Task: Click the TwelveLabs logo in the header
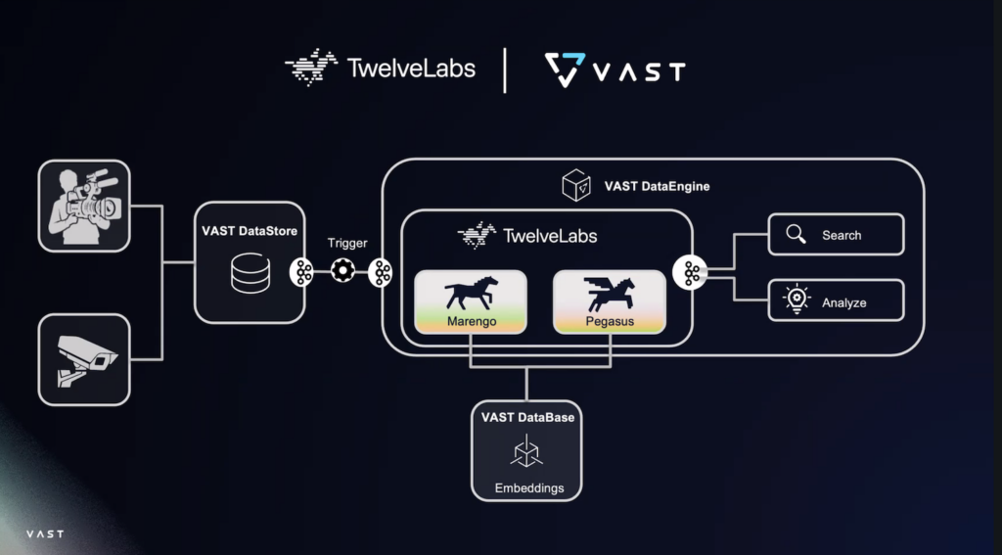click(380, 69)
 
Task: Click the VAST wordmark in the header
click(615, 70)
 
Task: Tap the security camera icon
click(84, 359)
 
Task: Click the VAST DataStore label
click(250, 232)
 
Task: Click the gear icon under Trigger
click(342, 273)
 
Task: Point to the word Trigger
click(348, 243)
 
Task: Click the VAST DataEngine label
click(657, 185)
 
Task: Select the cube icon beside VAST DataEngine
click(574, 185)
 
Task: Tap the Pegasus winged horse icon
click(610, 291)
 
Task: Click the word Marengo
click(471, 321)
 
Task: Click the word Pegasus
click(609, 321)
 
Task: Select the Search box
click(836, 235)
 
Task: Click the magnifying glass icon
click(797, 235)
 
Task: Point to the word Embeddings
click(527, 487)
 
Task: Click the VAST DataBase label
click(527, 417)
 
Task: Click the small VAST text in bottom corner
click(45, 534)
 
